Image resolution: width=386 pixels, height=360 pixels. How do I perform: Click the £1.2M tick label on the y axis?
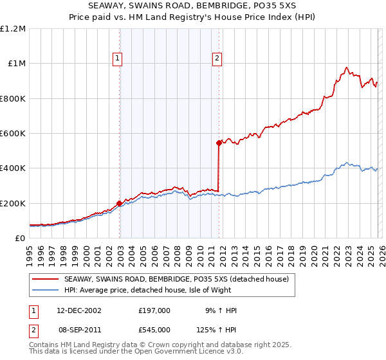[13, 29]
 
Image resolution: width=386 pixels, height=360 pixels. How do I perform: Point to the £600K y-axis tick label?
[13, 134]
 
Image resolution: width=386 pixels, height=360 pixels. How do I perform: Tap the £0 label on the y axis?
[20, 239]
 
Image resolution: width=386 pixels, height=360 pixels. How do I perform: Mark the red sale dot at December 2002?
[120, 204]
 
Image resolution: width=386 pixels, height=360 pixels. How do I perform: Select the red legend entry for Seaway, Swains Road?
[179, 280]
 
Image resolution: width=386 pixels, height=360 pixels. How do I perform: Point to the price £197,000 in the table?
[154, 310]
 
